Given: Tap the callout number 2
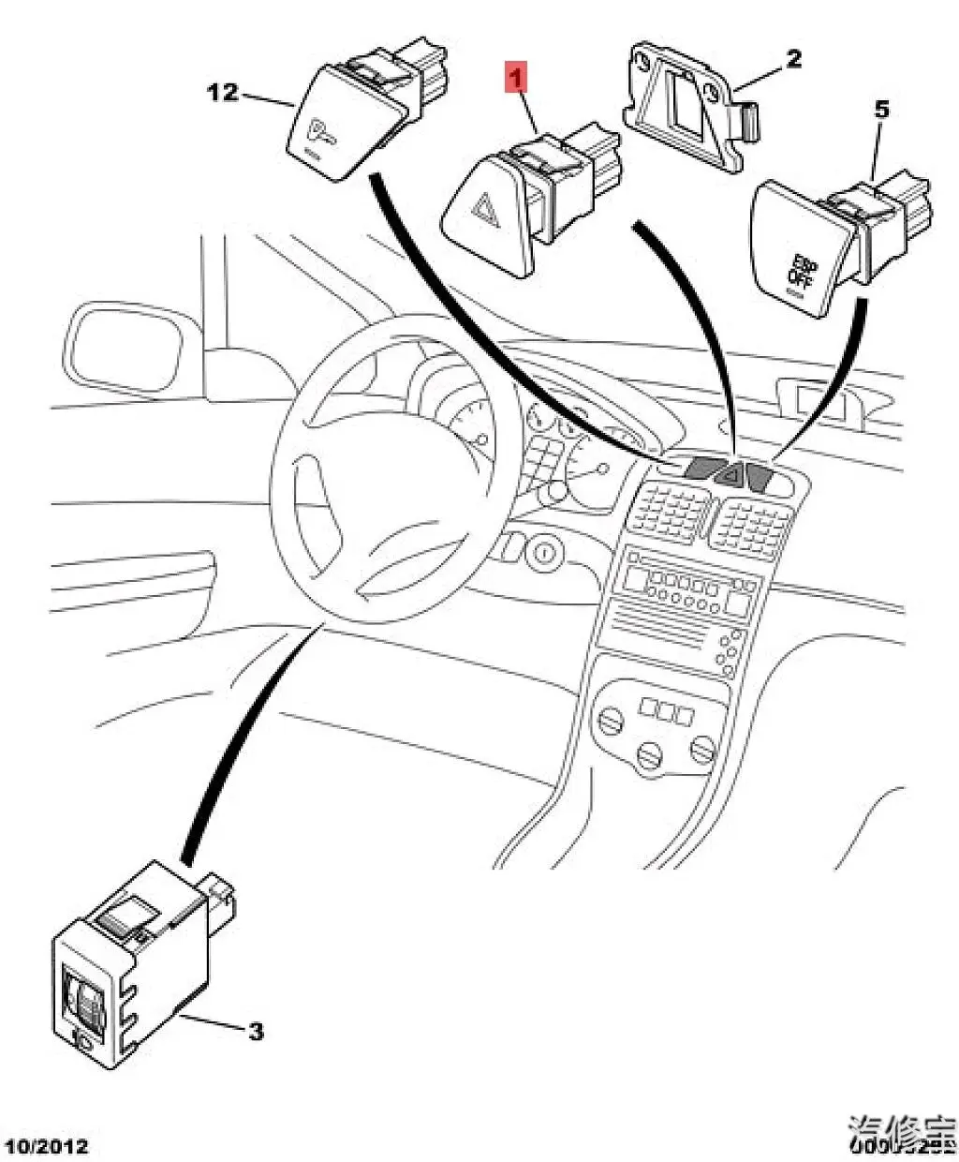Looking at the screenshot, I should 792,60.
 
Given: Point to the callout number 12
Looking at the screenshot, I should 224,93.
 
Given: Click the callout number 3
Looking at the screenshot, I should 256,1032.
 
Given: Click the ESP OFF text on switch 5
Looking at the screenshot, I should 802,270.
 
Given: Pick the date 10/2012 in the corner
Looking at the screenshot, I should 47,1145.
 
